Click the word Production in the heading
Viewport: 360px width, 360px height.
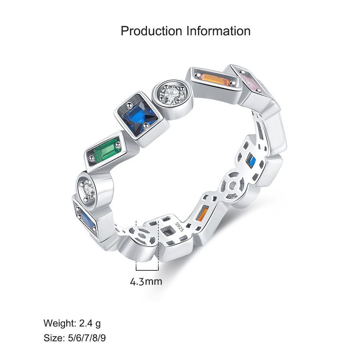point(151,31)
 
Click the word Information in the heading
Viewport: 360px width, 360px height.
point(219,31)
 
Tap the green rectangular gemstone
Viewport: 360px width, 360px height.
point(108,150)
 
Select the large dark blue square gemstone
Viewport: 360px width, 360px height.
point(140,117)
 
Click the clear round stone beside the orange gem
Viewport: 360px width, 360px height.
point(172,95)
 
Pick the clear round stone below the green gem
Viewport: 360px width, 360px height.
point(89,190)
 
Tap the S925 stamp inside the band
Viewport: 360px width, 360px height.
point(179,227)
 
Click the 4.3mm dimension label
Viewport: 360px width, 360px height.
point(146,282)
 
